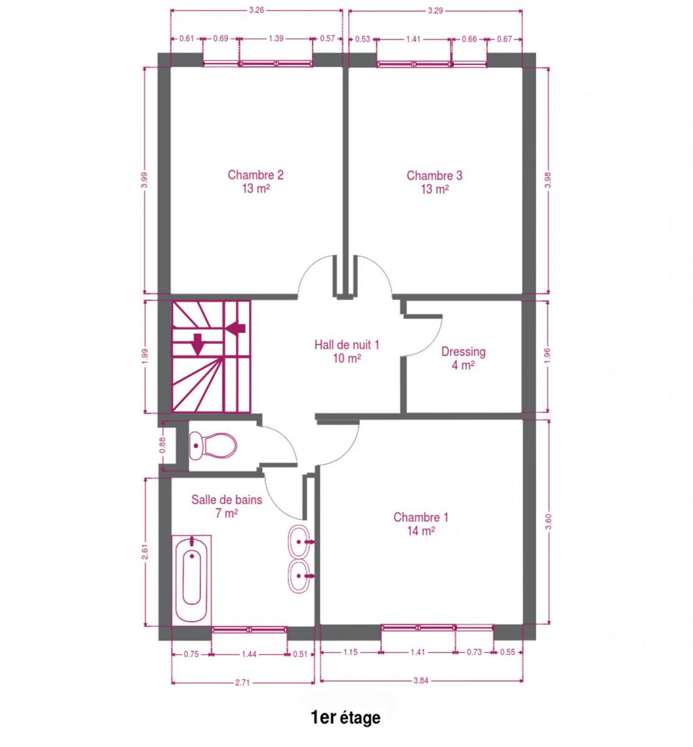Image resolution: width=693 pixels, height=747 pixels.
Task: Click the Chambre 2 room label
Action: [255, 181]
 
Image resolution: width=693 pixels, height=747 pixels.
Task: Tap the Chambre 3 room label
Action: [434, 182]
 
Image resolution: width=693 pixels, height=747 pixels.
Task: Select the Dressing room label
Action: [463, 358]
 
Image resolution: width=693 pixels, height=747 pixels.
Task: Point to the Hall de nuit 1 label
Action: [346, 351]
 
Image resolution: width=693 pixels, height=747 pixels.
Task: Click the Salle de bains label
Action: [227, 506]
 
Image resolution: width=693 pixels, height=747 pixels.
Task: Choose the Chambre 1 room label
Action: [421, 524]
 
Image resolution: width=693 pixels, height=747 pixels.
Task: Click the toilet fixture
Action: [212, 446]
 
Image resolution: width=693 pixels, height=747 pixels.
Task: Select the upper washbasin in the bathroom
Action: [299, 541]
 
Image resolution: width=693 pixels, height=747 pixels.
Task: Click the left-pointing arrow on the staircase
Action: [236, 328]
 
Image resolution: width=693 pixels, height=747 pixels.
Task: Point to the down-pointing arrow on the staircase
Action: [197, 344]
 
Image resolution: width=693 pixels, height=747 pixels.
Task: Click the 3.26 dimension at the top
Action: [256, 10]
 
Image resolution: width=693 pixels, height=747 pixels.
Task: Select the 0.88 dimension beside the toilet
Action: [162, 445]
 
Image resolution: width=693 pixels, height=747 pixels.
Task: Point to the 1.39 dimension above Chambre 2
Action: [276, 39]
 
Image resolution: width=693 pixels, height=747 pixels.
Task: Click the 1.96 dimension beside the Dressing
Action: [547, 355]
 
